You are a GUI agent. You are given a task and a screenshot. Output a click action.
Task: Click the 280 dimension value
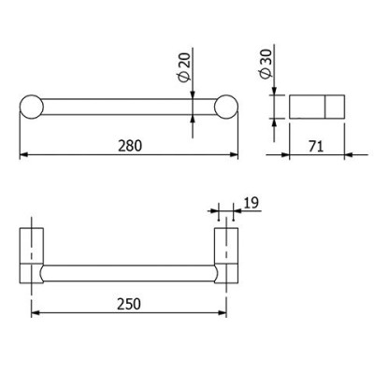point(130,146)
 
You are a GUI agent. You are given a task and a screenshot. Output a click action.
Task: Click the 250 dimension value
point(129,304)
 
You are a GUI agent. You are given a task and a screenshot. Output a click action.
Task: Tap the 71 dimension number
point(316,146)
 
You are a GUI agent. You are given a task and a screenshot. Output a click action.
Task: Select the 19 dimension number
point(252,203)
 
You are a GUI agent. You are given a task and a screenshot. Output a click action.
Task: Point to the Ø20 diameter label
point(184,67)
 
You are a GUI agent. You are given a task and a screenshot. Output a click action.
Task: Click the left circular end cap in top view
point(32,107)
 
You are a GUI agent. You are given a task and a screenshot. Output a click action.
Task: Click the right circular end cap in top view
point(226,107)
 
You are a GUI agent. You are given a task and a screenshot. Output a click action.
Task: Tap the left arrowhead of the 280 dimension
point(24,154)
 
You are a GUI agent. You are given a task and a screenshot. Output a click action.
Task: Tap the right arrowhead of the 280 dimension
point(234,154)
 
